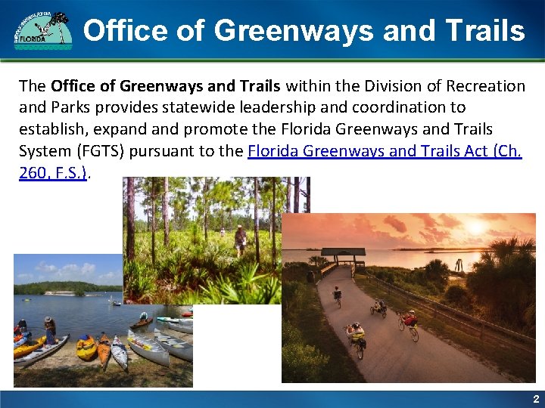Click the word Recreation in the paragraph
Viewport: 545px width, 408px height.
(x=484, y=85)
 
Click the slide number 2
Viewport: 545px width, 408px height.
(x=535, y=398)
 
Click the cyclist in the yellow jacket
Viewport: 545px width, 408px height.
(x=355, y=338)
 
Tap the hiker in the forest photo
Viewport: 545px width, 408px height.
(x=241, y=239)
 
